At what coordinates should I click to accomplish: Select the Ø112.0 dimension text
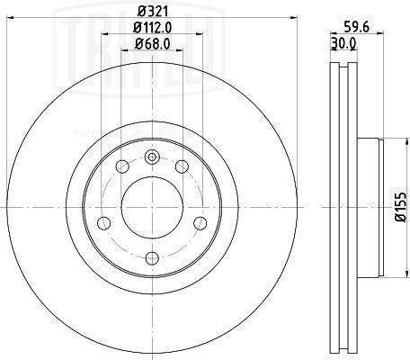point(151,29)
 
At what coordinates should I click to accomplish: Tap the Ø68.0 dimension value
point(151,44)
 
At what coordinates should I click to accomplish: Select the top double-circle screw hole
point(151,158)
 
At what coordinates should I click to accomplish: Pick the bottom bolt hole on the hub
point(151,256)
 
